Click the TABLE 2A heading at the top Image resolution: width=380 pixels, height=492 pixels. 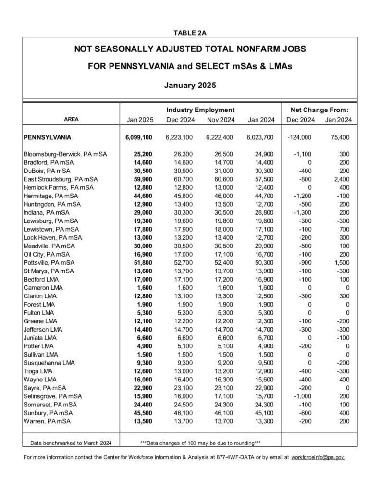[x=190, y=33]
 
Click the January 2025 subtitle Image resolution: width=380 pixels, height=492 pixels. [x=190, y=86]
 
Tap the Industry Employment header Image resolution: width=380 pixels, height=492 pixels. [x=194, y=110]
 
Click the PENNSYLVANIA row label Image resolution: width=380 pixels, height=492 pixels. [x=47, y=137]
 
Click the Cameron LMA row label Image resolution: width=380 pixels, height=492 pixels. [x=43, y=288]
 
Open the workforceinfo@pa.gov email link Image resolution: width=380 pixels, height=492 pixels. [x=318, y=457]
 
